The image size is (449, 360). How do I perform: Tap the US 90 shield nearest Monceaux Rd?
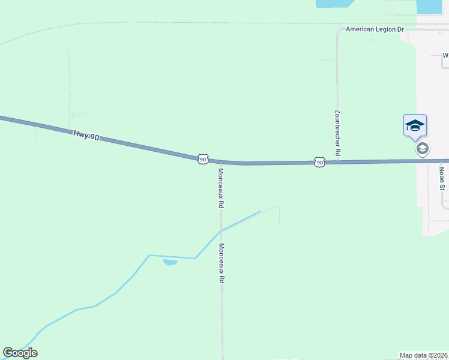pos(203,159)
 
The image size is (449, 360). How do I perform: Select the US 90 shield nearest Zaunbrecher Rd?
pos(319,162)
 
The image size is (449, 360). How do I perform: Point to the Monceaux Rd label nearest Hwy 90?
pos(221,188)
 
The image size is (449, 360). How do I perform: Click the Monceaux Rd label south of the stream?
pos(221,263)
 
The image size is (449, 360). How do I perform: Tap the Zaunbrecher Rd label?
pos(337,134)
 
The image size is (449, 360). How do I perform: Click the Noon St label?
pos(442,178)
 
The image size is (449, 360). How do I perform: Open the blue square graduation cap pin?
pos(415,125)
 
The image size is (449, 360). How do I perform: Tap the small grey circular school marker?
pos(423,149)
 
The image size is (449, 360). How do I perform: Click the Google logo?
pos(20,353)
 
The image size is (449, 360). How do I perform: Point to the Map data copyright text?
pos(423,355)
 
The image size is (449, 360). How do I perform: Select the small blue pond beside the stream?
pos(170,262)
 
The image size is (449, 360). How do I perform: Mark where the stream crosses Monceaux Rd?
pos(221,231)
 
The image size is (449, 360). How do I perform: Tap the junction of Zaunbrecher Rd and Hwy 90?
pos(337,162)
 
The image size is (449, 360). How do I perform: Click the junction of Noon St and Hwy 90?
pos(427,161)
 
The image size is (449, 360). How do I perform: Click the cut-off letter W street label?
pos(445,55)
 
